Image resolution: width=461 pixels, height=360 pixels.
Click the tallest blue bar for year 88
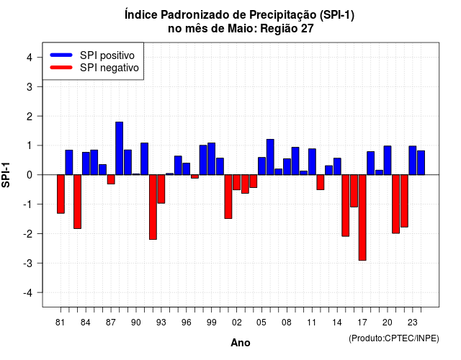tap(119, 148)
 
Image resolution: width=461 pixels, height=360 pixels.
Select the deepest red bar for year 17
tap(362, 217)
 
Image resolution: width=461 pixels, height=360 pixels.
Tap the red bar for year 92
tap(153, 207)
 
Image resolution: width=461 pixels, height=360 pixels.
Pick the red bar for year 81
tap(61, 194)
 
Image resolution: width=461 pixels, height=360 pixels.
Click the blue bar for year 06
tap(270, 157)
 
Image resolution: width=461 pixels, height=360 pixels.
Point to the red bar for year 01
tap(228, 197)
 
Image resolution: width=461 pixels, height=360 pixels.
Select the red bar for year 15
tap(346, 205)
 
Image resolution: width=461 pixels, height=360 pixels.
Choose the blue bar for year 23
tap(413, 161)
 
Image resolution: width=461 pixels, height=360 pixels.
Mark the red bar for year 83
tap(77, 202)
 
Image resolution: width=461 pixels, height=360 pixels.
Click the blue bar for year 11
tap(312, 161)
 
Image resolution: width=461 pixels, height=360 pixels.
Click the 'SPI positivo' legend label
tap(107, 55)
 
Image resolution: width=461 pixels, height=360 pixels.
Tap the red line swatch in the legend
tap(61, 68)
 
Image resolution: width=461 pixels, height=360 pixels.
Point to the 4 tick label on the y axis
tap(30, 58)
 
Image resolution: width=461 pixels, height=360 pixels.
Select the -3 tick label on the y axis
tap(28, 263)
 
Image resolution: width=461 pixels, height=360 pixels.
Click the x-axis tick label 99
tap(211, 323)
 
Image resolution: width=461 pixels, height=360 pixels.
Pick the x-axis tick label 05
tap(261, 323)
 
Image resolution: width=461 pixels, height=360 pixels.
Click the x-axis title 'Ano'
tap(241, 343)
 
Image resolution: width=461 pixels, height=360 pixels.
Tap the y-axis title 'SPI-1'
tap(6, 175)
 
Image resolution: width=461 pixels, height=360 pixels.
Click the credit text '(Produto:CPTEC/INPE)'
tap(394, 338)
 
